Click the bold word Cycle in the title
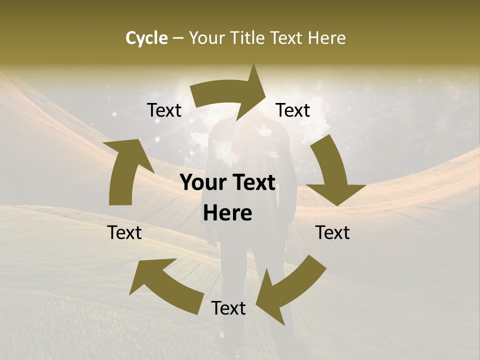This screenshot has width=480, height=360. tap(146, 38)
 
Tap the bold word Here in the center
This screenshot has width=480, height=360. tap(227, 213)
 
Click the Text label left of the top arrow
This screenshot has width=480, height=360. tap(164, 110)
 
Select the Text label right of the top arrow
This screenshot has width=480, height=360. tap(293, 110)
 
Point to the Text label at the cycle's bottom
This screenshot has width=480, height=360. tap(228, 308)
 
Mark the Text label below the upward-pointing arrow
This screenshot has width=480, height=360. tap(124, 232)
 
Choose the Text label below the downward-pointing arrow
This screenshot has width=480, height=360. tap(332, 232)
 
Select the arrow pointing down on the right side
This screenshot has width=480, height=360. tap(332, 172)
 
